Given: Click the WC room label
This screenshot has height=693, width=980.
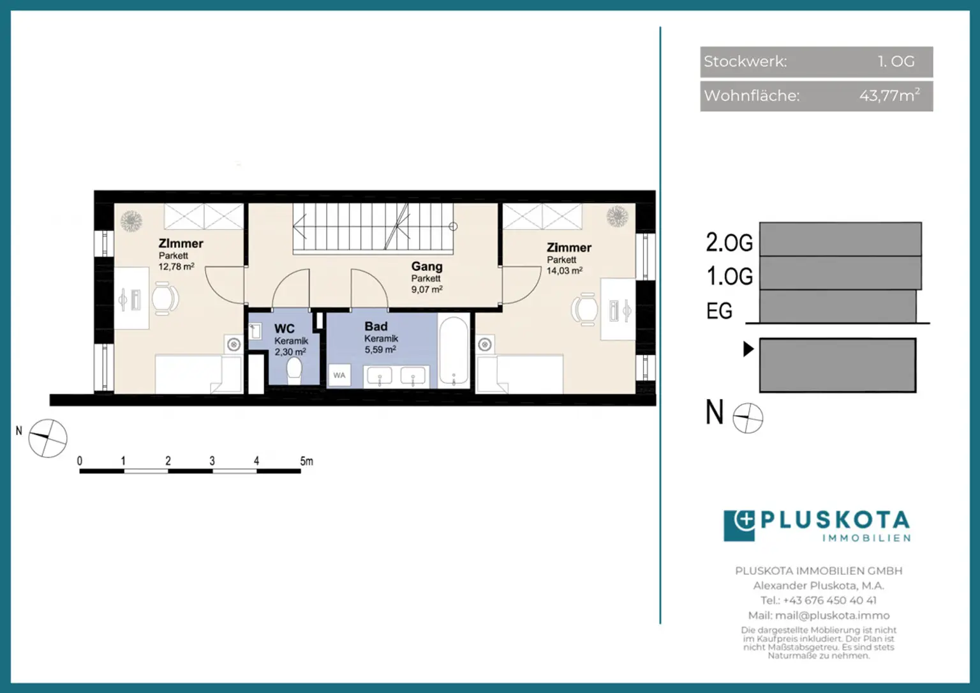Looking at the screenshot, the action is click(x=285, y=328).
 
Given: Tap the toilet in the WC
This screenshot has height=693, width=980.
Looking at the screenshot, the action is click(x=294, y=370).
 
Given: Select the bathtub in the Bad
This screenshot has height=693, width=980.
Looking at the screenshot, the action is click(x=454, y=351).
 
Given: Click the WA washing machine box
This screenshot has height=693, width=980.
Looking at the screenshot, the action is click(x=339, y=376).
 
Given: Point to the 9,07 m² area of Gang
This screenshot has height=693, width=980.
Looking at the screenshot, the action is click(x=427, y=289).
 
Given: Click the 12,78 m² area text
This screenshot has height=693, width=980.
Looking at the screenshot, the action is click(x=176, y=266).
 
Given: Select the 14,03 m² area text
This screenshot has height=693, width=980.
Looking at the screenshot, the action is click(x=565, y=271).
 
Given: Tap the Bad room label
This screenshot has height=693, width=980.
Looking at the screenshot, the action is click(x=376, y=326).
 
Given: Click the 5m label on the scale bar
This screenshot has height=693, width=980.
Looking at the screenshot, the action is click(x=306, y=461).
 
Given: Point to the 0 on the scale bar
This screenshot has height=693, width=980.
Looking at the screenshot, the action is click(x=80, y=461).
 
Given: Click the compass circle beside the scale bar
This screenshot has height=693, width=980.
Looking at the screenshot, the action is click(x=48, y=438).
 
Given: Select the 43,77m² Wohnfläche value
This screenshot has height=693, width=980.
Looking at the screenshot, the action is click(x=889, y=95).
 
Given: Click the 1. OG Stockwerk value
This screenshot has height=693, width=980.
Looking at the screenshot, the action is click(x=896, y=61).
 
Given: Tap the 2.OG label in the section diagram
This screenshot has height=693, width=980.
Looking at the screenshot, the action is click(x=729, y=242).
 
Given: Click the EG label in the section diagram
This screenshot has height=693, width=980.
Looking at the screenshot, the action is click(x=719, y=311).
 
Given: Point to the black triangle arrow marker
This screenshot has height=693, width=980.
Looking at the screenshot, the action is click(x=748, y=349).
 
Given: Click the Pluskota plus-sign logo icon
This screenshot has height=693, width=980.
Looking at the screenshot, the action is click(x=739, y=525).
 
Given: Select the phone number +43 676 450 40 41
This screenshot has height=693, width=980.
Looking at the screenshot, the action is click(x=829, y=600).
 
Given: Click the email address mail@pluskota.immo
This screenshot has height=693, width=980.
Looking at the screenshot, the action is click(x=832, y=616).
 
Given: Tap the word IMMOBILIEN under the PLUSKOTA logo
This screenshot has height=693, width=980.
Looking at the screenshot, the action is click(x=866, y=538).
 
